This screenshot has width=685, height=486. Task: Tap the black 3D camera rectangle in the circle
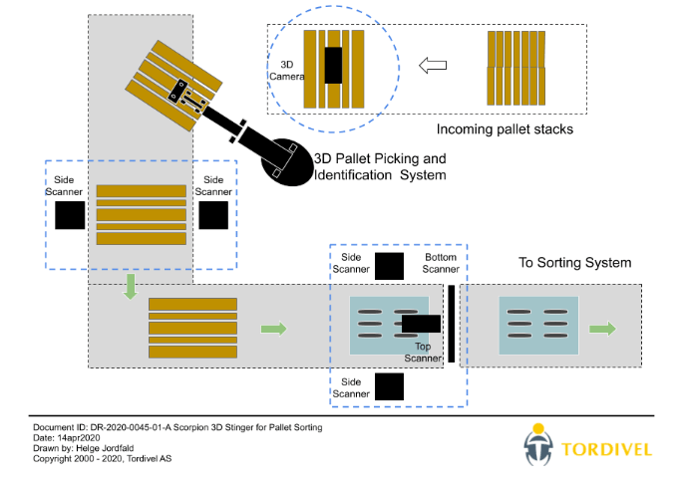click(333, 66)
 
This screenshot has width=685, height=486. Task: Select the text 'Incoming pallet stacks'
click(506, 129)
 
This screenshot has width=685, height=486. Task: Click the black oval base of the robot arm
click(285, 161)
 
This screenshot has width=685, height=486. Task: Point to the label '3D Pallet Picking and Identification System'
click(380, 166)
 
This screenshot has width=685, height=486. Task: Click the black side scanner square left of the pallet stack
click(70, 215)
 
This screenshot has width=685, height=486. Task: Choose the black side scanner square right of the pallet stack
click(214, 215)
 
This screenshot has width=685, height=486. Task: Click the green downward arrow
click(130, 288)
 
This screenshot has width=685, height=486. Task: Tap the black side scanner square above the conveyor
click(389, 266)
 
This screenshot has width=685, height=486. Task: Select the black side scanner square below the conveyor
click(389, 386)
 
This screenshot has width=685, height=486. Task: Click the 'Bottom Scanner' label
click(440, 264)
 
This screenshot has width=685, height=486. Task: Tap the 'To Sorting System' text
click(574, 263)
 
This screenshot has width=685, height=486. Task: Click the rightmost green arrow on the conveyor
click(602, 328)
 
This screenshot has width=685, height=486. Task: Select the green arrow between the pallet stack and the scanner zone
click(272, 328)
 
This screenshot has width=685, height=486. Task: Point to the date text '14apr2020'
click(81, 438)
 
